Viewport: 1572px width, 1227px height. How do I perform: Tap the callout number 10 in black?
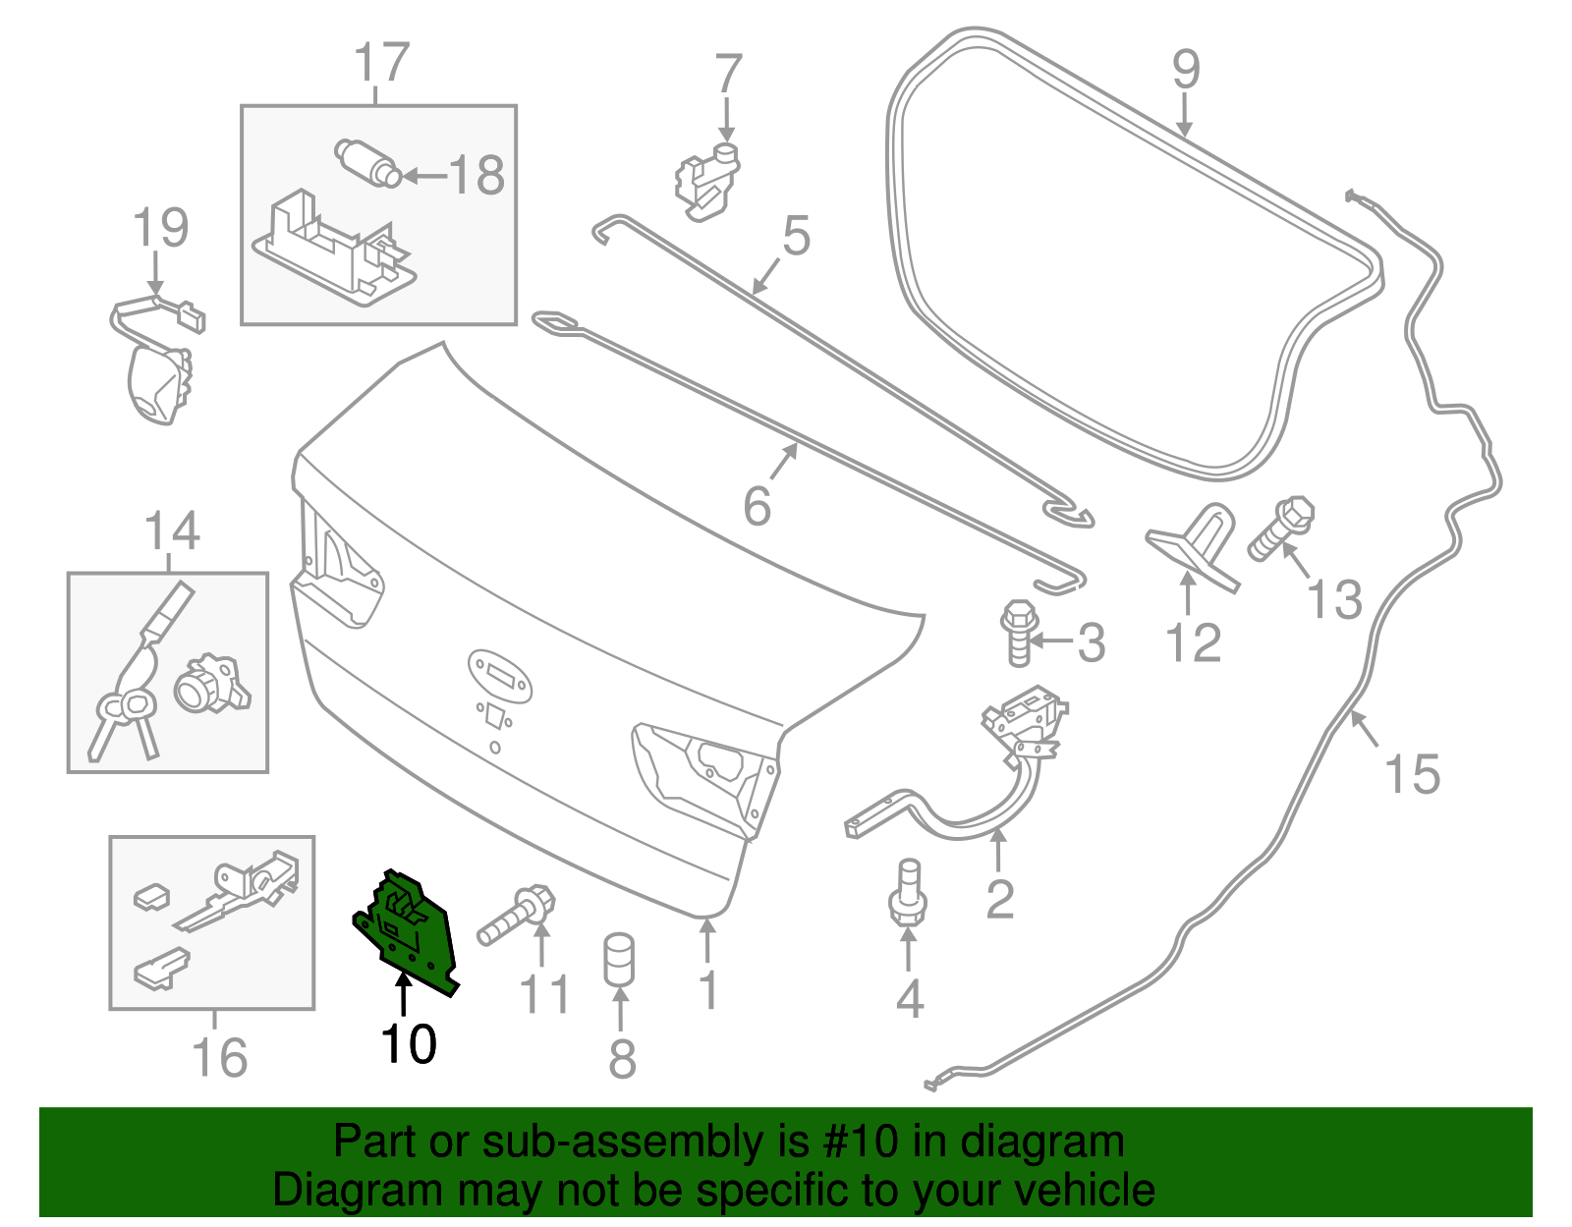(x=409, y=1044)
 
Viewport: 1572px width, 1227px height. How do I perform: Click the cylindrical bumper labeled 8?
(x=618, y=959)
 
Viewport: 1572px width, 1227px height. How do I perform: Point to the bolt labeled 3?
(x=1019, y=633)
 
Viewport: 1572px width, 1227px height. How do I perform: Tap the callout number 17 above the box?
(x=381, y=63)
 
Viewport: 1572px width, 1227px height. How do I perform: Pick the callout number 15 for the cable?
(x=1412, y=774)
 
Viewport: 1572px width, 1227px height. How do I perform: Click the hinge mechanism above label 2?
(x=1024, y=717)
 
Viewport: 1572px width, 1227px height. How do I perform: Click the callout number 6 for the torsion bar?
(x=757, y=506)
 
